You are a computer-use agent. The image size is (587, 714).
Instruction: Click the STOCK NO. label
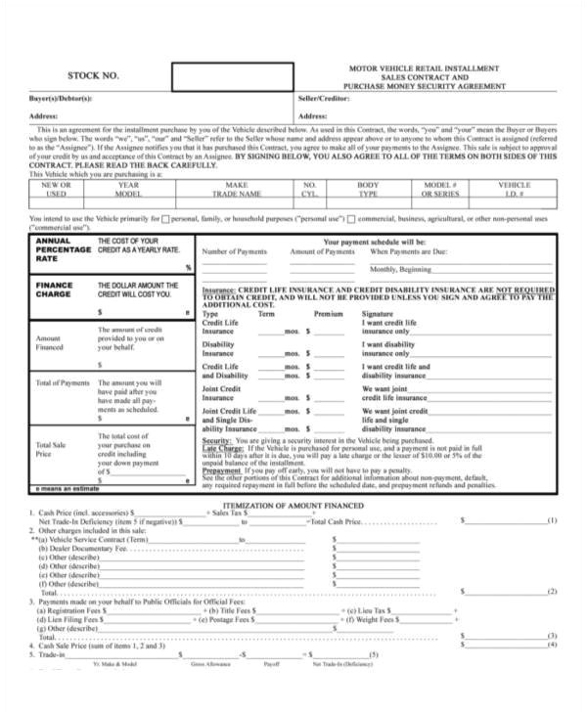coord(92,75)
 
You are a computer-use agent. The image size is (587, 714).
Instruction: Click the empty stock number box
coord(232,76)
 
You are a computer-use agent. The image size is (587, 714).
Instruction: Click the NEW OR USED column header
coord(55,189)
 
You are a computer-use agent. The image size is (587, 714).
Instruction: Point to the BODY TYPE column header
coord(368,189)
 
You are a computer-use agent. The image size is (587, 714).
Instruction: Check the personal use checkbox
coord(164,217)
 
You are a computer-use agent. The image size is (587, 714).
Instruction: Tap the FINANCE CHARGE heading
coord(54,290)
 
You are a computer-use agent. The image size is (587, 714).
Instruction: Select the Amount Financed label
coord(50,341)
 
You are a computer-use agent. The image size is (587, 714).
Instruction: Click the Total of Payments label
coord(63,382)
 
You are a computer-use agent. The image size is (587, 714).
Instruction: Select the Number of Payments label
coord(234,251)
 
